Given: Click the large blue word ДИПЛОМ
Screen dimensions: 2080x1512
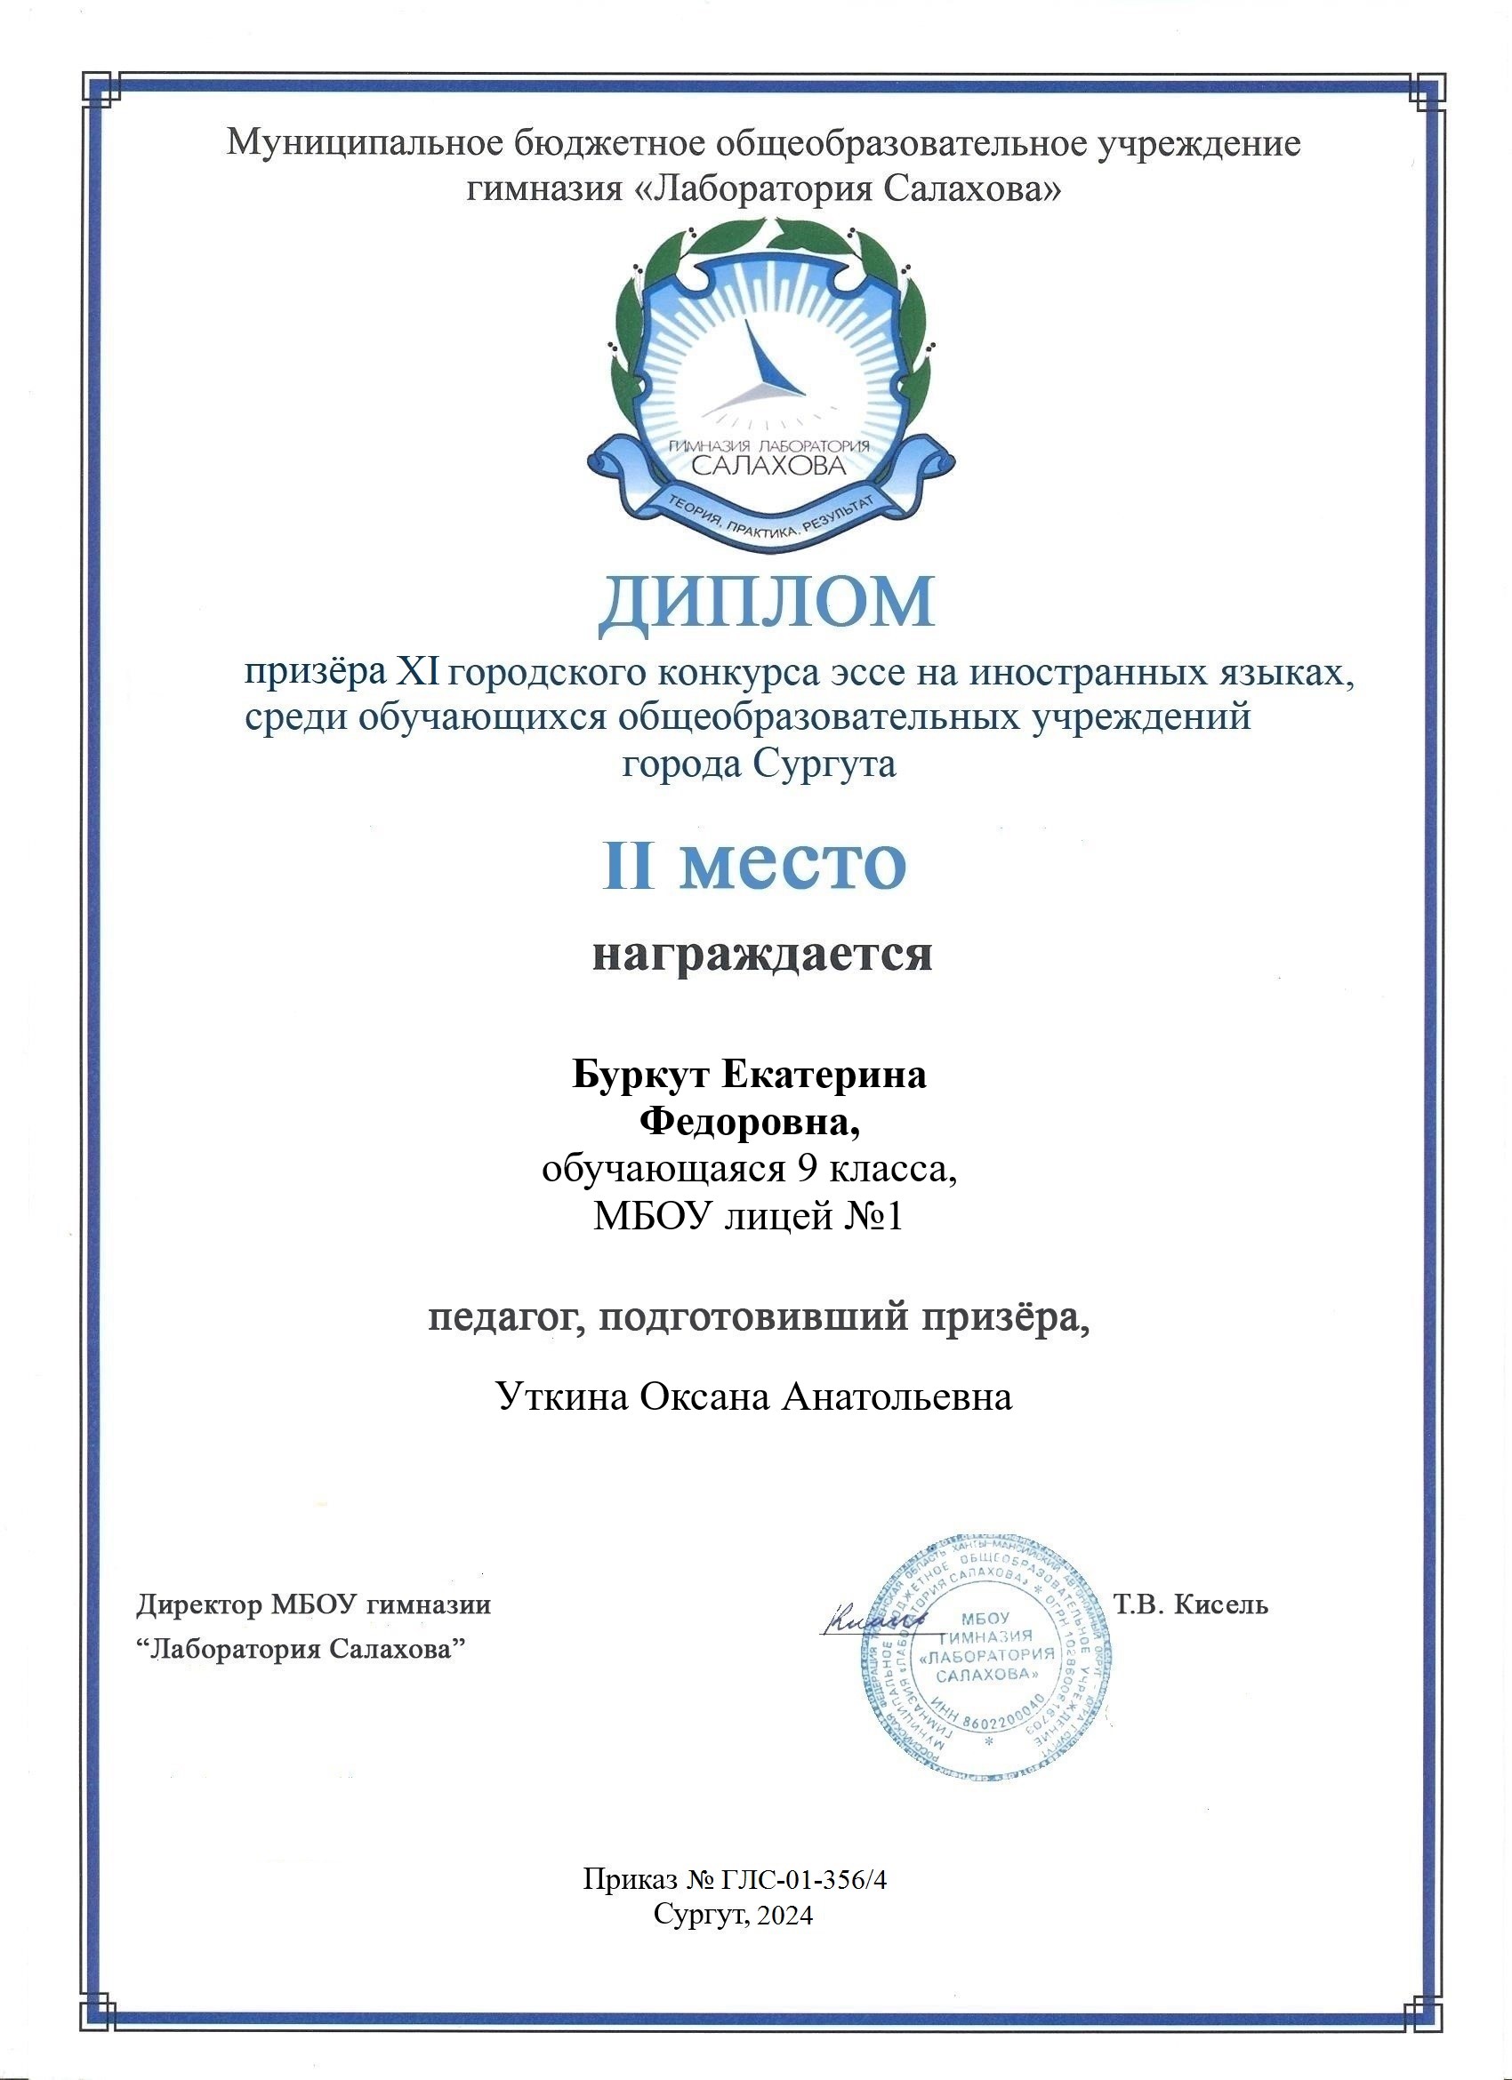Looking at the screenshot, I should point(767,605).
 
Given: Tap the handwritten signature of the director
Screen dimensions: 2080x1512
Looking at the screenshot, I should point(872,1624).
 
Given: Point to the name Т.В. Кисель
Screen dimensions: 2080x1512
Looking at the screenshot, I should point(1190,1605).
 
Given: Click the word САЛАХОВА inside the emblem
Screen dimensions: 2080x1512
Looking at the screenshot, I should point(767,465).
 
